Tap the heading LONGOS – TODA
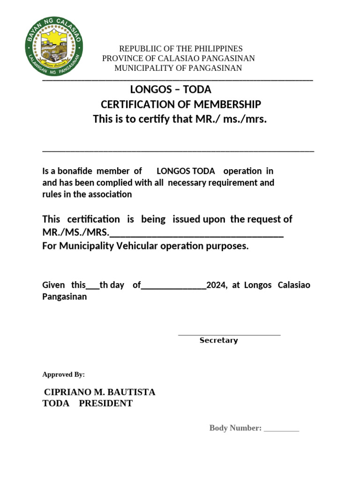pyautogui.click(x=171, y=89)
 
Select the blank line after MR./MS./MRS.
pyautogui.click(x=196, y=232)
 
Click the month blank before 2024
pyautogui.click(x=173, y=287)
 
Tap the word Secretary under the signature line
pyautogui.click(x=218, y=340)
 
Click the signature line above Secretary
pyautogui.click(x=229, y=335)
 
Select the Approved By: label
pyautogui.click(x=63, y=375)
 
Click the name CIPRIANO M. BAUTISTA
pyautogui.click(x=99, y=392)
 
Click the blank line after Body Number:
pyautogui.click(x=281, y=429)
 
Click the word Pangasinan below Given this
pyautogui.click(x=64, y=297)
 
